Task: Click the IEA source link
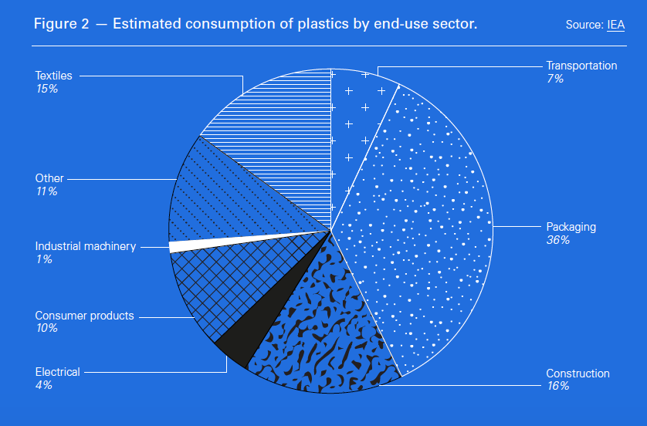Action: (615, 25)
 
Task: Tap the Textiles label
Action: (53, 76)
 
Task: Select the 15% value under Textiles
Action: (46, 89)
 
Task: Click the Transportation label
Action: (581, 66)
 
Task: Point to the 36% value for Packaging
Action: (557, 240)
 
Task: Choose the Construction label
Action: (578, 374)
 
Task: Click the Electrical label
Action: (57, 372)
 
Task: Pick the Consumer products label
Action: (84, 316)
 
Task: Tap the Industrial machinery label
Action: (85, 246)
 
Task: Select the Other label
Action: (49, 178)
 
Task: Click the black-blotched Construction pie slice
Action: (324, 332)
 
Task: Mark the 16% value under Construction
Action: (557, 386)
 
